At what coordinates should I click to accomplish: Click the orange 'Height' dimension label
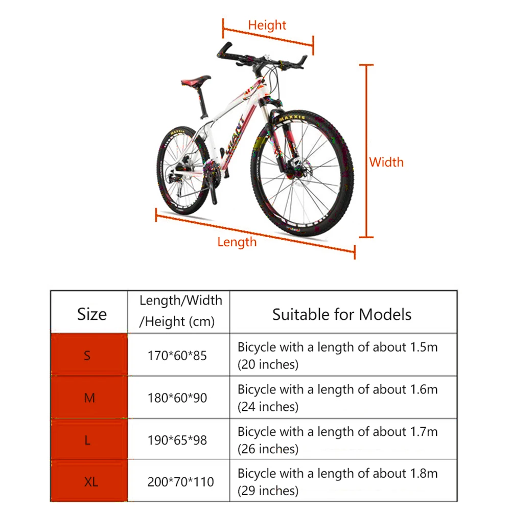pyautogui.click(x=267, y=25)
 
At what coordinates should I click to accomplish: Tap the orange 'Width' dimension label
pyautogui.click(x=386, y=162)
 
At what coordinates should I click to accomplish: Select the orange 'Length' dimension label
pyautogui.click(x=237, y=241)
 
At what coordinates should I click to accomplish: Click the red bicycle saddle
pyautogui.click(x=196, y=81)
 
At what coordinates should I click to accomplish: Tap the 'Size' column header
pyautogui.click(x=92, y=313)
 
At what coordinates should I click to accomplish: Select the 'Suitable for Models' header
pyautogui.click(x=341, y=314)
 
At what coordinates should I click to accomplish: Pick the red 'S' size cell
pyautogui.click(x=88, y=355)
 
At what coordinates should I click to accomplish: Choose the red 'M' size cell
pyautogui.click(x=89, y=397)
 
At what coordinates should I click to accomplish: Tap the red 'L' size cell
pyautogui.click(x=88, y=439)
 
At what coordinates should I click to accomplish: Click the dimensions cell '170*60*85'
pyautogui.click(x=177, y=355)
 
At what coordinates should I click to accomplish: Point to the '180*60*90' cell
pyautogui.click(x=177, y=398)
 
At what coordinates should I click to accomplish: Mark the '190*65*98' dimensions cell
pyautogui.click(x=177, y=439)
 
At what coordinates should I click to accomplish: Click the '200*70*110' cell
pyautogui.click(x=180, y=481)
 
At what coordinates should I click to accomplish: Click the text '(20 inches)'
pyautogui.click(x=267, y=365)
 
